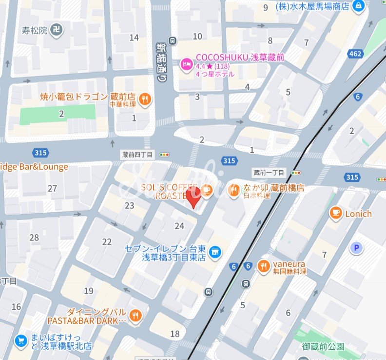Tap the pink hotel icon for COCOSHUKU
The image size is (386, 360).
(x=186, y=64)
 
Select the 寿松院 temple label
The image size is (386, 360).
(x=34, y=30)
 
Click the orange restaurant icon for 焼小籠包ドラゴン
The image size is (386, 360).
(x=145, y=100)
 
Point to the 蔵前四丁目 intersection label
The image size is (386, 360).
(x=137, y=155)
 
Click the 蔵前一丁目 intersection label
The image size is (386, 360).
(x=270, y=173)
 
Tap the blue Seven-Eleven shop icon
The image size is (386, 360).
(x=214, y=252)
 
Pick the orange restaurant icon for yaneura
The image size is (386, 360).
(x=264, y=266)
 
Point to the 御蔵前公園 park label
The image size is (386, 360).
(x=323, y=347)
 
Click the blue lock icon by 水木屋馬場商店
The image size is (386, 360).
(x=359, y=6)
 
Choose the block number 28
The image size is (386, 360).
(x=34, y=238)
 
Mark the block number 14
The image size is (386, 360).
(x=134, y=38)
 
